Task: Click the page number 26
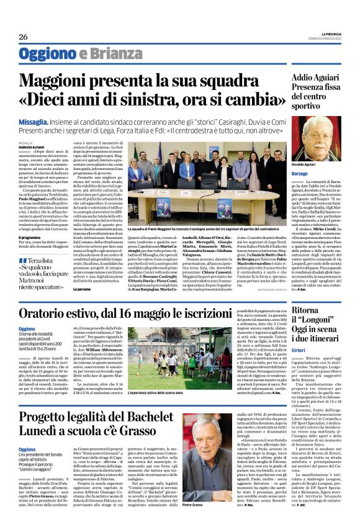(24, 37)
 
